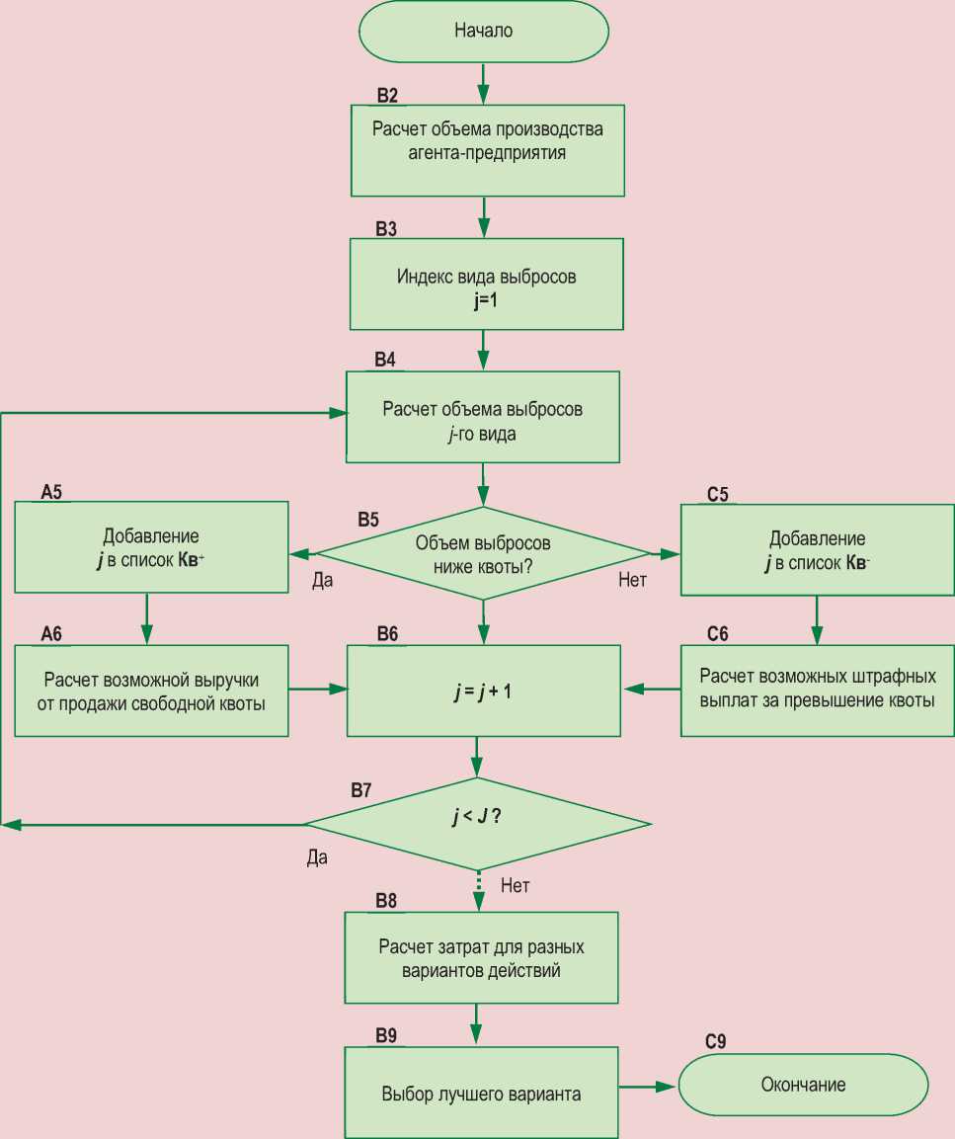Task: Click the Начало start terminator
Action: coord(483,32)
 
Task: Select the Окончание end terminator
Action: coord(803,1086)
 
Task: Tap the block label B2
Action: coord(386,96)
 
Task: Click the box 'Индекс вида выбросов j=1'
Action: coord(487,285)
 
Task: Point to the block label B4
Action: coord(385,361)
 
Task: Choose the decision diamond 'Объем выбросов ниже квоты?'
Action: coord(483,554)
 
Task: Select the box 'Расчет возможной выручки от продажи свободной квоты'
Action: coord(151,691)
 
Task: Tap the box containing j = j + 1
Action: coord(483,691)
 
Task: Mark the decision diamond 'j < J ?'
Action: coord(477,823)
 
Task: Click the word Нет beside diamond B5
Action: coord(632,581)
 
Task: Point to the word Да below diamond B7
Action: coord(316,857)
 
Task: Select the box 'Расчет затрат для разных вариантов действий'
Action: coord(481,957)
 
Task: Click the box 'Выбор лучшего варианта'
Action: coord(481,1094)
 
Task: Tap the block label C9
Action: coord(716,1042)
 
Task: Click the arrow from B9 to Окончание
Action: coord(648,1087)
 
